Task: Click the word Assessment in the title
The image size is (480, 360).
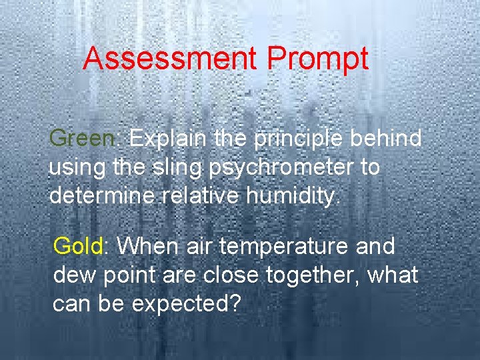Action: (x=171, y=59)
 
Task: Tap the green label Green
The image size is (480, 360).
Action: (x=83, y=139)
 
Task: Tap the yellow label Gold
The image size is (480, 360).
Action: (x=78, y=246)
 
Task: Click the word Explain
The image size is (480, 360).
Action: (x=171, y=139)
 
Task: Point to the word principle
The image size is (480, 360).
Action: (x=297, y=139)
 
